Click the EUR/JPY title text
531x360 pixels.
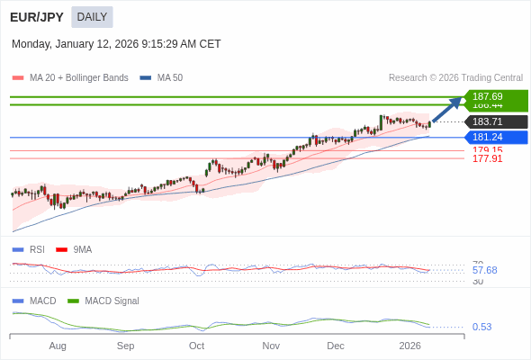[x=37, y=17]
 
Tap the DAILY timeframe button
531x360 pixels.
[x=92, y=17]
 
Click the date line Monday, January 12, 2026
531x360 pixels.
[x=116, y=44]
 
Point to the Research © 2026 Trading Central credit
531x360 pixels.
[x=455, y=78]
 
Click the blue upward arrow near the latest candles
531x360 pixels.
[x=447, y=108]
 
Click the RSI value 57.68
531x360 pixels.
[x=484, y=270]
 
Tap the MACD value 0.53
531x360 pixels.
[x=481, y=327]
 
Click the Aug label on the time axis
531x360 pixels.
[x=58, y=346]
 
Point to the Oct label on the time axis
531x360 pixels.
[x=196, y=346]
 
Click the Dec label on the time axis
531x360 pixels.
[x=336, y=346]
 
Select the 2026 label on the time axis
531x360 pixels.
[x=409, y=346]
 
